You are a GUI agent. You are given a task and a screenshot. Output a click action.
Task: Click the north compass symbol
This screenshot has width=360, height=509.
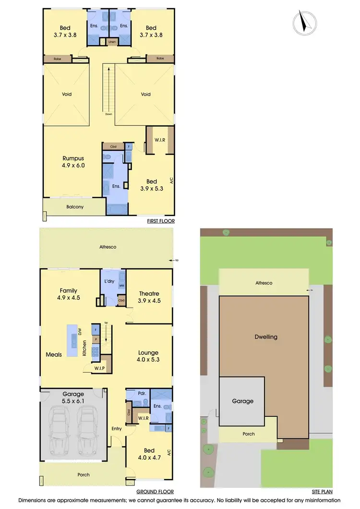304,23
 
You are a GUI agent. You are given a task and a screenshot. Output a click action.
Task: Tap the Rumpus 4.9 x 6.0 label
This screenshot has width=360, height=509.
73,162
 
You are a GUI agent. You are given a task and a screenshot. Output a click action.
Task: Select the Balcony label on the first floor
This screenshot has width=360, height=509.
74,207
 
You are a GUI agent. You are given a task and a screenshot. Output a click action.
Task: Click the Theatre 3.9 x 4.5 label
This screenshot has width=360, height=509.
149,297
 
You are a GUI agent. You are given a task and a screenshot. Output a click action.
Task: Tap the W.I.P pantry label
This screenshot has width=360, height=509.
100,368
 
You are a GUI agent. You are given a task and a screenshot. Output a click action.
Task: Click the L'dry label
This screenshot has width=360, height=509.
109,281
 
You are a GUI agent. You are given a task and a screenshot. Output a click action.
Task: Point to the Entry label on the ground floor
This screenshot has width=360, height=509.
117,429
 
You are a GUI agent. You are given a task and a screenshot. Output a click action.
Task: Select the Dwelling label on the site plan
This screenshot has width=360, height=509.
265,337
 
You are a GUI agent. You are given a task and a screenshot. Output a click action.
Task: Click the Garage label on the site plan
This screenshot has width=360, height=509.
242,401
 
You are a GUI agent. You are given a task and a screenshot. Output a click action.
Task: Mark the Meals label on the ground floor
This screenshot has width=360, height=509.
54,354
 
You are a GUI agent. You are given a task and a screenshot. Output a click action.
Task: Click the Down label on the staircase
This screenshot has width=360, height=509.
109,114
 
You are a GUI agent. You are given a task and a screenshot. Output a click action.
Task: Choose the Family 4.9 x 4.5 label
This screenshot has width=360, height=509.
69,294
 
